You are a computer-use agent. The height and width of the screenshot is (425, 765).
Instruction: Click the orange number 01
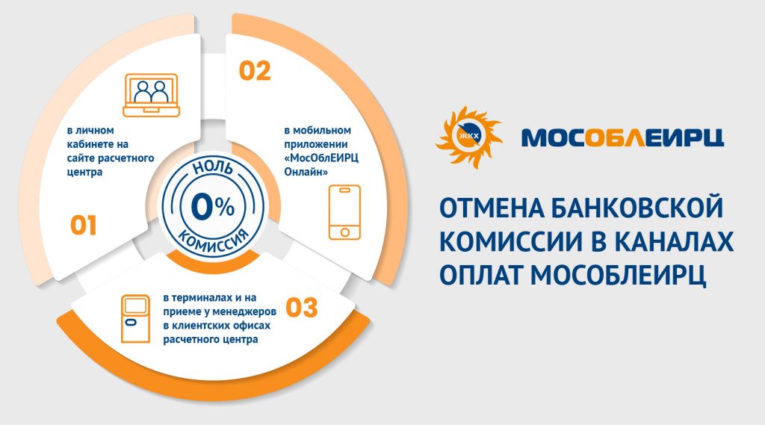pyautogui.click(x=84, y=225)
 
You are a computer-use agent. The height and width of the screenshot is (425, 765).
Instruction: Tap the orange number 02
pyautogui.click(x=255, y=71)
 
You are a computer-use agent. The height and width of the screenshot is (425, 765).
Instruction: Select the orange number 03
pyautogui.click(x=302, y=308)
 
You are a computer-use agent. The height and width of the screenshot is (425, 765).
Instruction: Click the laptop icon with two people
pyautogui.click(x=151, y=95)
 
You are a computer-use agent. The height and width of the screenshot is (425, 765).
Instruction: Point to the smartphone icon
pyautogui.click(x=344, y=212)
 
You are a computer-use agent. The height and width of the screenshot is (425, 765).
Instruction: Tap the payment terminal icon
pyautogui.click(x=136, y=319)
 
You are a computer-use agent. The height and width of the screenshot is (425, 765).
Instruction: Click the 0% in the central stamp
pyautogui.click(x=213, y=207)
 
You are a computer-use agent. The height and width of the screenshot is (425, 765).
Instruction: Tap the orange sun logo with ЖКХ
pyautogui.click(x=468, y=137)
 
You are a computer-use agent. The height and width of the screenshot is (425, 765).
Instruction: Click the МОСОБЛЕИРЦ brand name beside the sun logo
pyautogui.click(x=622, y=137)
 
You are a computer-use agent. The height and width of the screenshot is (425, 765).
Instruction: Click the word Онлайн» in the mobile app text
pyautogui.click(x=306, y=173)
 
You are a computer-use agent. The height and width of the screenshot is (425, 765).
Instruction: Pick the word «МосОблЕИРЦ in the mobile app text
pyautogui.click(x=321, y=158)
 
